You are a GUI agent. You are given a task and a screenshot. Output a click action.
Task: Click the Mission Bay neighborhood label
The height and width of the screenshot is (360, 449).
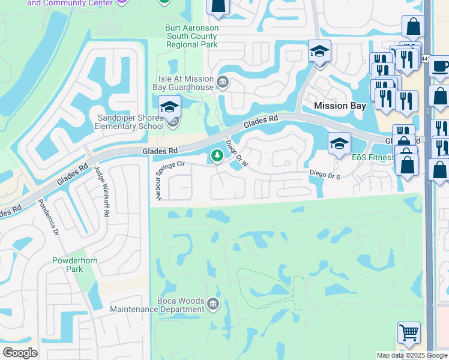click(340, 106)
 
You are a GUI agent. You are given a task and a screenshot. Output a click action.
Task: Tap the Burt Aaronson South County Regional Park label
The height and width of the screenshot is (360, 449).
click(191, 37)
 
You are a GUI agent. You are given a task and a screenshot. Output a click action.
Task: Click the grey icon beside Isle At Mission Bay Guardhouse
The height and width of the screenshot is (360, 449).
click(223, 82)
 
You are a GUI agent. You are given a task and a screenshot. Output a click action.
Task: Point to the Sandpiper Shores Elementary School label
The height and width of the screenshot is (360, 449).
click(131, 122)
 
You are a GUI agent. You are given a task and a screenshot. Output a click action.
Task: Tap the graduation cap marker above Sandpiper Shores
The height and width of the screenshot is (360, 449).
click(170, 107)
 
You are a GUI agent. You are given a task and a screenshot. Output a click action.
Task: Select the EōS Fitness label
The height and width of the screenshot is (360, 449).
click(373, 157)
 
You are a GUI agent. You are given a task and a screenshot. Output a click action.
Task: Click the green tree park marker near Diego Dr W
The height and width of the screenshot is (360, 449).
click(216, 157)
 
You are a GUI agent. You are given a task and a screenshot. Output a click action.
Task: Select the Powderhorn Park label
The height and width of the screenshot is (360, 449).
click(75, 265)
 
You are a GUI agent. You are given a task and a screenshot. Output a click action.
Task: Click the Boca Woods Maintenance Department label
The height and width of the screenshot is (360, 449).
click(157, 305)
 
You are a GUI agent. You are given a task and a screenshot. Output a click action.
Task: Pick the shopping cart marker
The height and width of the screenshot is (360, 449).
click(409, 332)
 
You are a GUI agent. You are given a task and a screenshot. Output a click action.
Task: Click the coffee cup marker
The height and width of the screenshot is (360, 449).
click(440, 65)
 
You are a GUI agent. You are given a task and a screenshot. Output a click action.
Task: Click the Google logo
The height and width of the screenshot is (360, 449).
click(20, 352)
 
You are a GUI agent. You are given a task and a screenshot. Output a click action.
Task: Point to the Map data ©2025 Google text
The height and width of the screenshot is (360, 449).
click(411, 355)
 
